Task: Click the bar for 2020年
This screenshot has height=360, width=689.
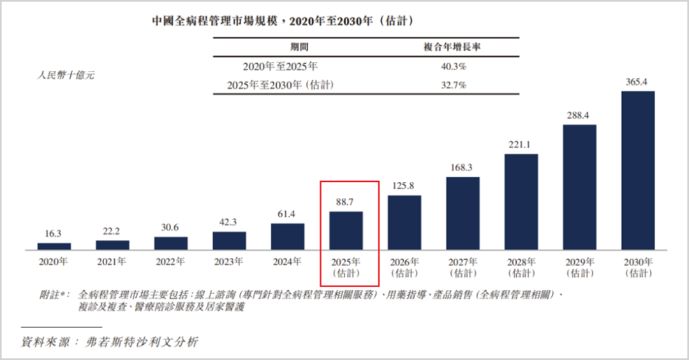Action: (54, 246)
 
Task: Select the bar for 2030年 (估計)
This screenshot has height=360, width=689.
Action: (637, 170)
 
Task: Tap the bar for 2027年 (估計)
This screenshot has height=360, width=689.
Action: (463, 213)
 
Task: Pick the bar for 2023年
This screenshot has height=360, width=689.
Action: (230, 241)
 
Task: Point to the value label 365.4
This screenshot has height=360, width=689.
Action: (636, 82)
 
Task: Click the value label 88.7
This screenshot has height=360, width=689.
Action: (344, 202)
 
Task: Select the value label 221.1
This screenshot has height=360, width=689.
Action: (519, 145)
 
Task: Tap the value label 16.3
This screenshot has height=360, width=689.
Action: (53, 234)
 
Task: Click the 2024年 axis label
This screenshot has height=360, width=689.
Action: (287, 262)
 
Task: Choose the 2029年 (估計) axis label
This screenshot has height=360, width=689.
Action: (579, 267)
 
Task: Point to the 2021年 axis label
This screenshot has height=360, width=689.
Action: (111, 262)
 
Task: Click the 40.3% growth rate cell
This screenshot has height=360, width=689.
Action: (454, 67)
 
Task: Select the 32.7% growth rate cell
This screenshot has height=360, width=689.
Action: (454, 86)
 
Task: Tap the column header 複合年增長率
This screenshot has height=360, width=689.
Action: (452, 47)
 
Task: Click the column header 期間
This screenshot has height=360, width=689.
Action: (299, 47)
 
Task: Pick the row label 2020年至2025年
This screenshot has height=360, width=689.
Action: (280, 67)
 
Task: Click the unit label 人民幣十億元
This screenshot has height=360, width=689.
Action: (66, 75)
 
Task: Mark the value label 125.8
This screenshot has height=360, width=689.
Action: (403, 186)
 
